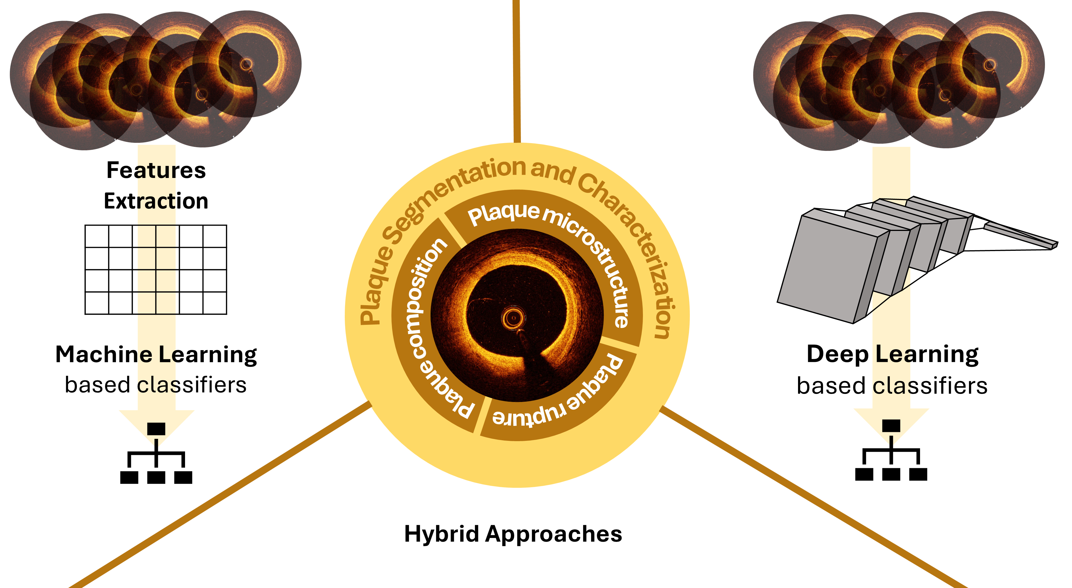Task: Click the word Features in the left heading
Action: pyautogui.click(x=156, y=170)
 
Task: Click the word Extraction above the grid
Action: pyautogui.click(x=156, y=201)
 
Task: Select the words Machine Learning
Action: pyautogui.click(x=156, y=355)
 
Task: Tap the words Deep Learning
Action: pyautogui.click(x=892, y=354)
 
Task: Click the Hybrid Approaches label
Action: pyautogui.click(x=513, y=534)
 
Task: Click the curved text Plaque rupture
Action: pyautogui.click(x=562, y=400)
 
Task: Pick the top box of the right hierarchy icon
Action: pyautogui.click(x=891, y=426)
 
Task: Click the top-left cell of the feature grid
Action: pyautogui.click(x=96, y=236)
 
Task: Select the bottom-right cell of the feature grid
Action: pyautogui.click(x=215, y=303)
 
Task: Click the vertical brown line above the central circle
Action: pyautogui.click(x=517, y=71)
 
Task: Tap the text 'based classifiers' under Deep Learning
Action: pyautogui.click(x=892, y=386)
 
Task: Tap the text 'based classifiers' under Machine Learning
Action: pyautogui.click(x=156, y=385)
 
